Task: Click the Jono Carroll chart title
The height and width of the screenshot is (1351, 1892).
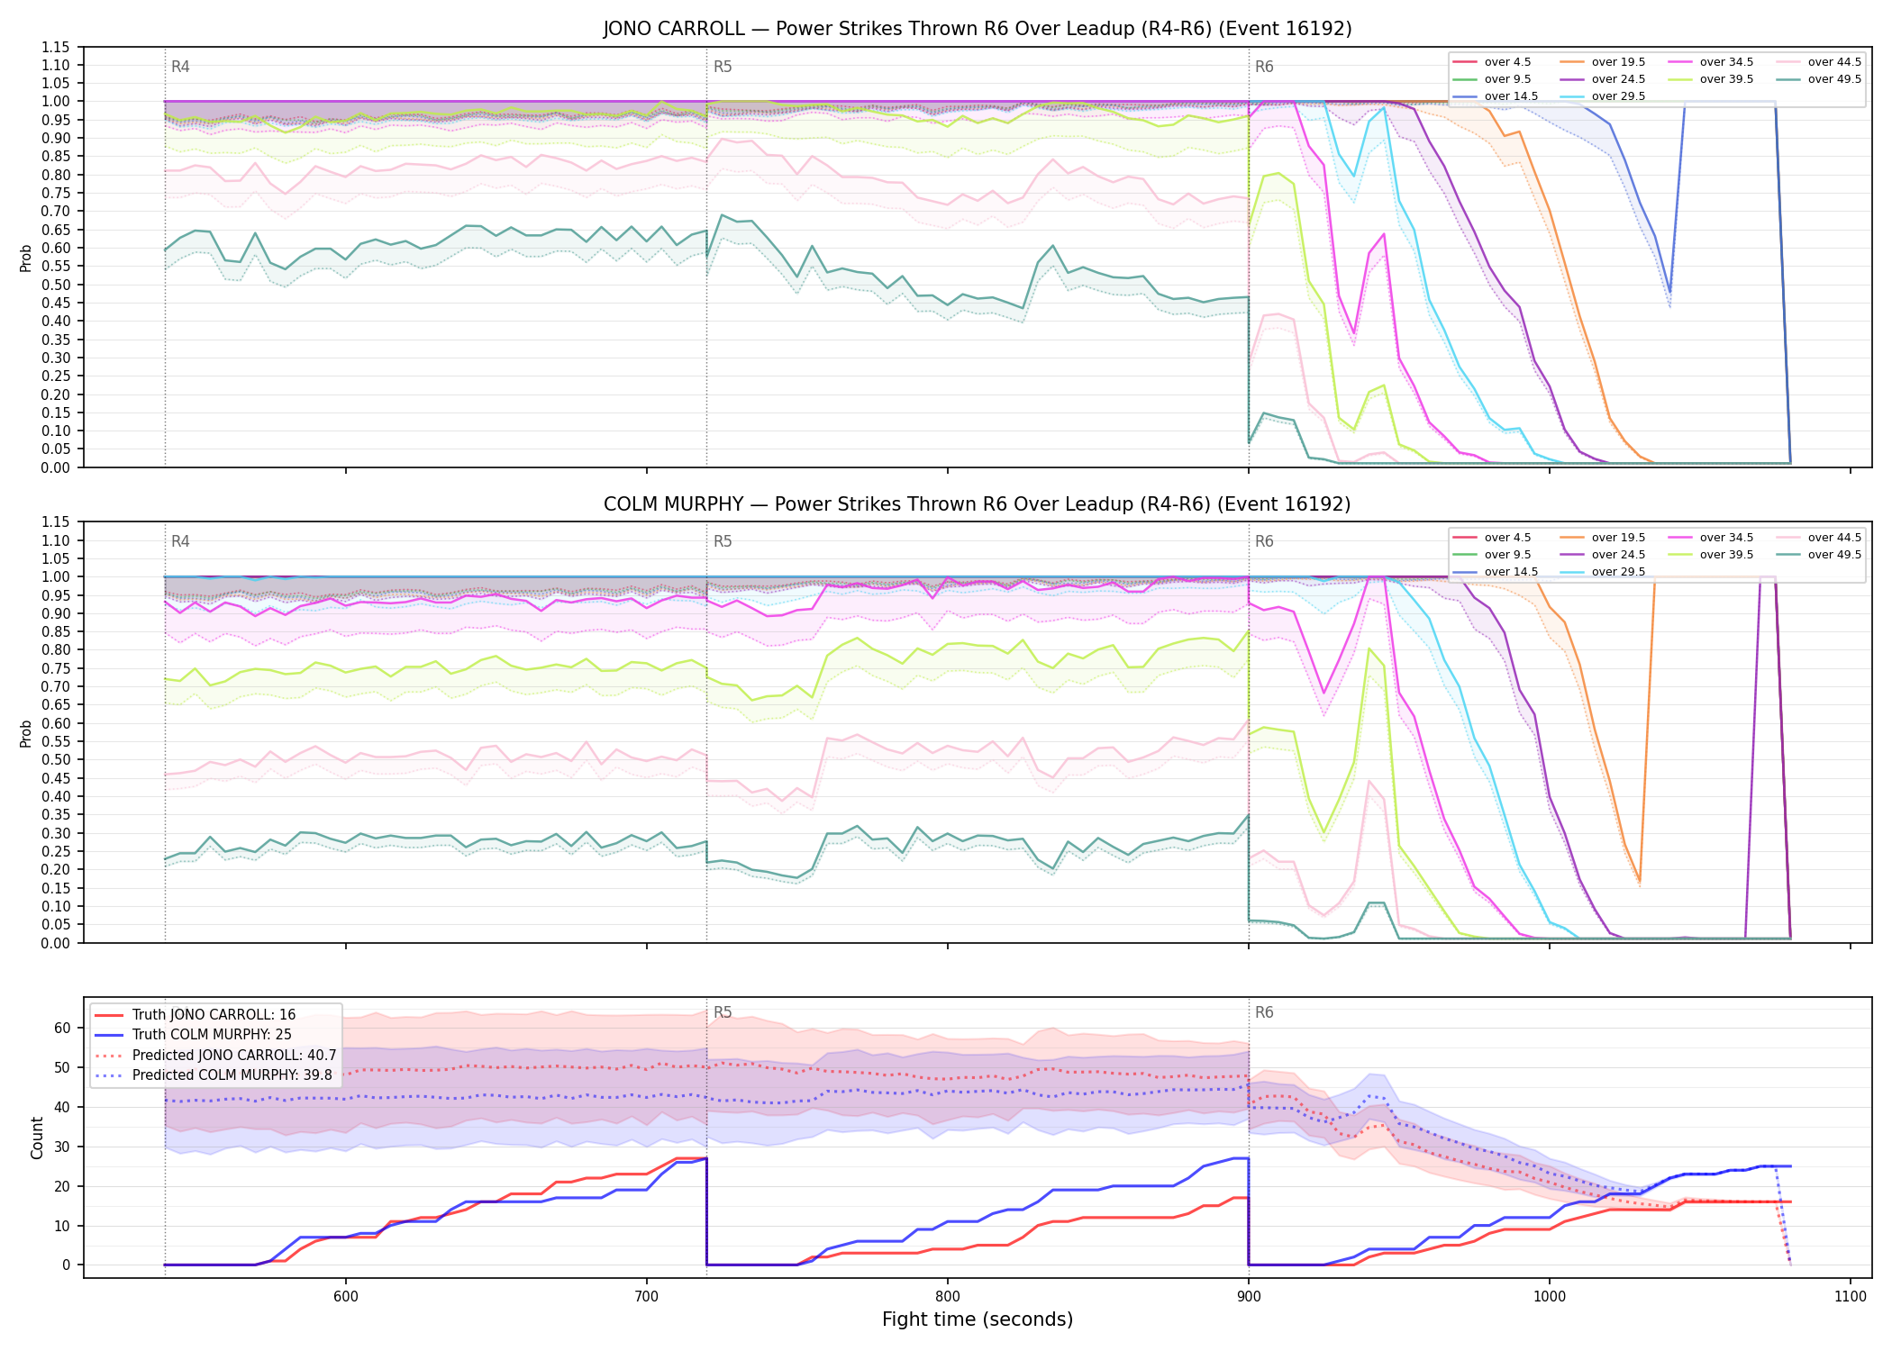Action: [978, 29]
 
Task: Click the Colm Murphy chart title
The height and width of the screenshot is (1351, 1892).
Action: [978, 504]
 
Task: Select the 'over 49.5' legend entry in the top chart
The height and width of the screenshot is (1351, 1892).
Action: [1819, 79]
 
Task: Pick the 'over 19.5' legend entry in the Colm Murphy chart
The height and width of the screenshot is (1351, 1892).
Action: [1603, 538]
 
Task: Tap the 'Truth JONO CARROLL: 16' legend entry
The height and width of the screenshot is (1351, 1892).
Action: [195, 1014]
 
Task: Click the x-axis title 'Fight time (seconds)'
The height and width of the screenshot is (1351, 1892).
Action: [978, 1319]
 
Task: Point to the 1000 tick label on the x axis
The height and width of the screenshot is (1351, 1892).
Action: [1549, 1296]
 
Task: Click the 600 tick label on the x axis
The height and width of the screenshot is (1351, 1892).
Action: [345, 1296]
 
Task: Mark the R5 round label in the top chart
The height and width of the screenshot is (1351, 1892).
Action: [723, 67]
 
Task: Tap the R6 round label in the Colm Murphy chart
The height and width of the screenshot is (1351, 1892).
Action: [1264, 541]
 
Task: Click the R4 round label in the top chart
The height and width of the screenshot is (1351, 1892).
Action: [180, 67]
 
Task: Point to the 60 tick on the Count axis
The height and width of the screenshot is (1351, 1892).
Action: [62, 1028]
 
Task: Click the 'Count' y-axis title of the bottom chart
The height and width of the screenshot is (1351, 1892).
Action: [37, 1138]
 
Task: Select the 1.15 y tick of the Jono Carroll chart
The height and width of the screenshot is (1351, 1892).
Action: [56, 47]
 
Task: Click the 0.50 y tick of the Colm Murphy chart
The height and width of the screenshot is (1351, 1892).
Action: [56, 759]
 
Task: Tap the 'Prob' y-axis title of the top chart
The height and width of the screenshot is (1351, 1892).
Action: [25, 258]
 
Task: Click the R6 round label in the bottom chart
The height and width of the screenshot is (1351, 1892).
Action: [1264, 1012]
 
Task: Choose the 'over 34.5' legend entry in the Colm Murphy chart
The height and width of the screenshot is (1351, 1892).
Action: [1711, 538]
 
